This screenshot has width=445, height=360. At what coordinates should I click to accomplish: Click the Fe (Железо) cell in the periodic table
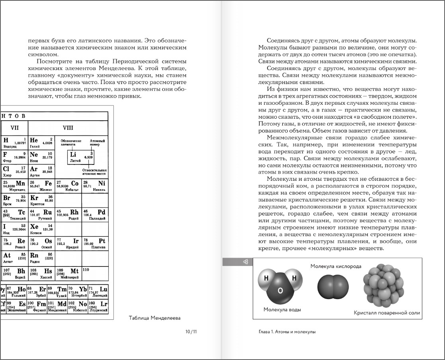point(41,186)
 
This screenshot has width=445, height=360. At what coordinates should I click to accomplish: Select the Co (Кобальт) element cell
point(68,186)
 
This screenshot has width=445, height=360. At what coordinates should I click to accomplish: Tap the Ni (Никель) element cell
point(95,186)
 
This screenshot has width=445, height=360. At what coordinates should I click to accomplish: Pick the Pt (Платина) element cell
point(95,243)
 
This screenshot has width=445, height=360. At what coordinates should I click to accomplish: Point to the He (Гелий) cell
point(41,143)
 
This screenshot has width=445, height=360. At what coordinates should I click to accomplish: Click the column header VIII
point(68,128)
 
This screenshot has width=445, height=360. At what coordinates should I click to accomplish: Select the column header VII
point(15,128)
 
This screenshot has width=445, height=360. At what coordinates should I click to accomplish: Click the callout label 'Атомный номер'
point(97,143)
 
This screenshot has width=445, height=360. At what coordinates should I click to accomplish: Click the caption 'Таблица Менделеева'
point(155,318)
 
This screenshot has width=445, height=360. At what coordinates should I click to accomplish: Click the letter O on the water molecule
point(280,290)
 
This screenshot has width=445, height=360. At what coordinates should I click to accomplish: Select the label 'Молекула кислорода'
point(336,266)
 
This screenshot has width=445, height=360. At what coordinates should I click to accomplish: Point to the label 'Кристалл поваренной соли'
point(386,313)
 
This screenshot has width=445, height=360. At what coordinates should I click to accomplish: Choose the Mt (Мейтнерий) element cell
point(68,273)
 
